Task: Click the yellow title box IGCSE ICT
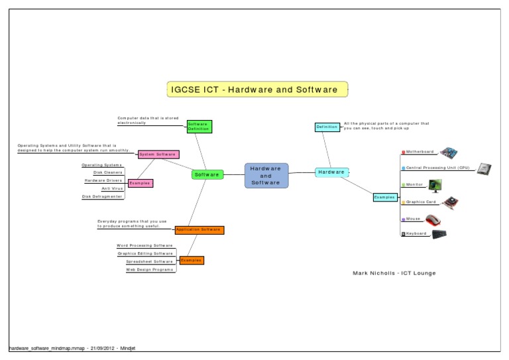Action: tap(256, 90)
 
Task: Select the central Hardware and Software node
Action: tap(266, 175)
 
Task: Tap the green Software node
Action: tap(207, 174)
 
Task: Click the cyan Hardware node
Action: tap(331, 172)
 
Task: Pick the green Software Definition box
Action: tap(198, 126)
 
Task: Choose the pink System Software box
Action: tap(158, 154)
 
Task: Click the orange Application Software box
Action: tap(199, 229)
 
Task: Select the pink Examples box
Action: tap(140, 183)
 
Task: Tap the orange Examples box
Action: tap(191, 261)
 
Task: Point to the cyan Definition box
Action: tap(327, 127)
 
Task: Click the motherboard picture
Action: tap(449, 151)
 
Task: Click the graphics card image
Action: tap(450, 202)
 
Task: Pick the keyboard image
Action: tap(439, 234)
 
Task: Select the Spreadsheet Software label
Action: tap(149, 261)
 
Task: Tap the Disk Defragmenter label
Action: tap(102, 197)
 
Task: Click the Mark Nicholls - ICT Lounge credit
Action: tap(394, 273)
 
